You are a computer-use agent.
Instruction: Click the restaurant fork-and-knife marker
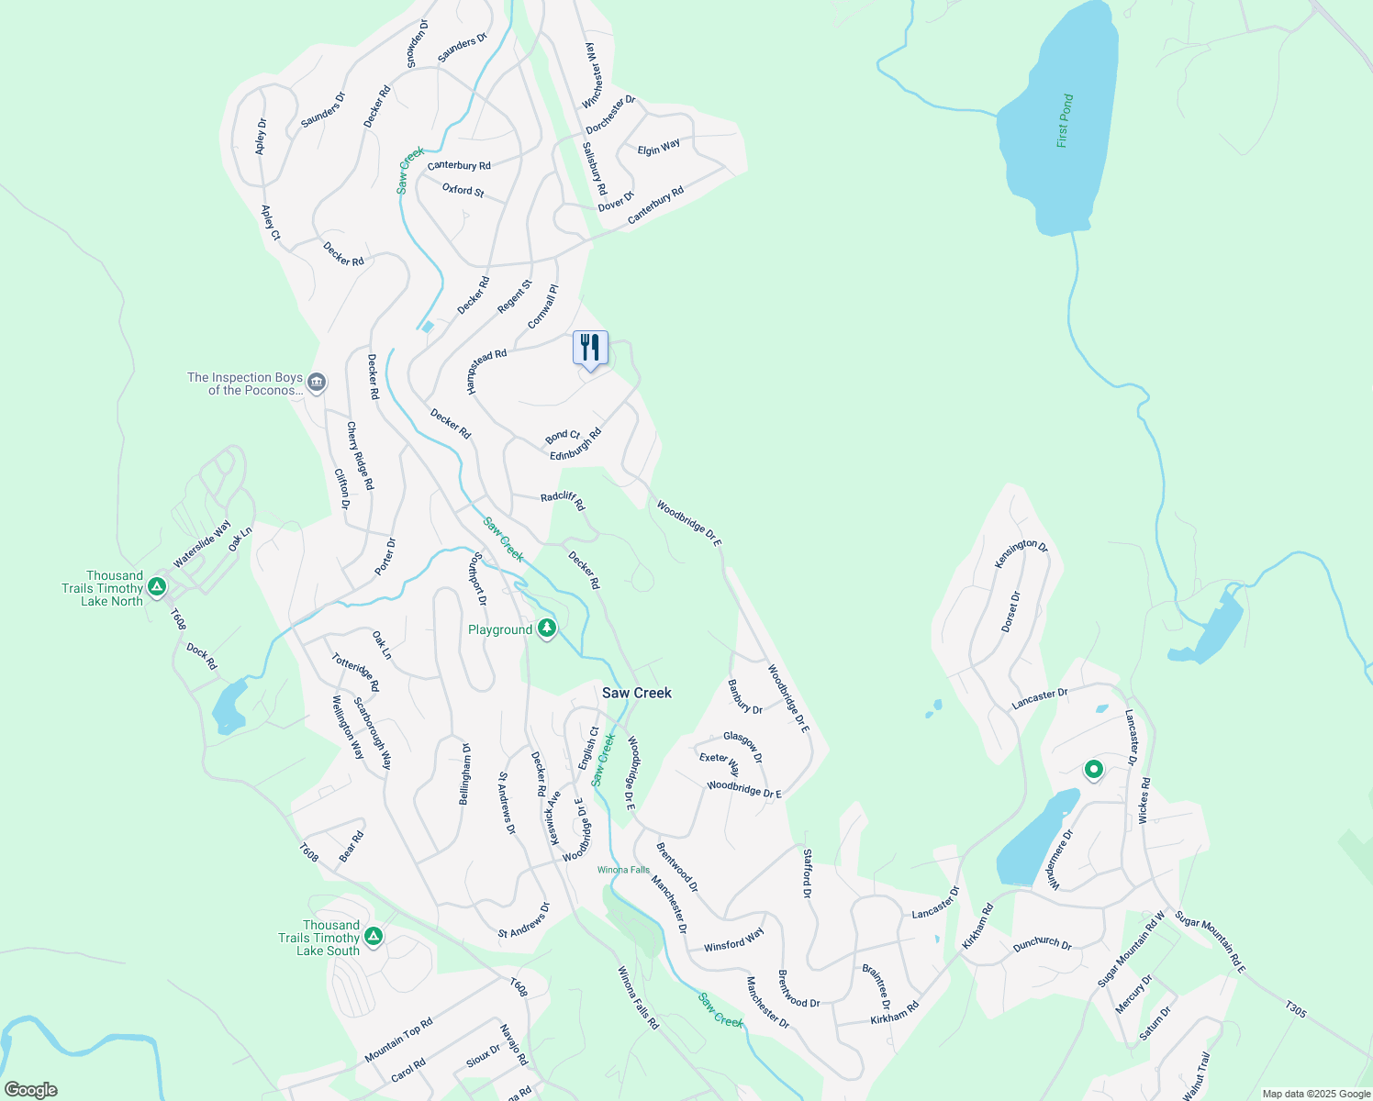(x=590, y=348)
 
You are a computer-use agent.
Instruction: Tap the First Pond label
(x=1065, y=120)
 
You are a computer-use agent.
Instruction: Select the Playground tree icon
(x=547, y=628)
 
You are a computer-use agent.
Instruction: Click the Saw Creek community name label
(x=637, y=693)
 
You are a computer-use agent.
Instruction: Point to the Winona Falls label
(x=623, y=870)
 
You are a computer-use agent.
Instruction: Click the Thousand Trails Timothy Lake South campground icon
(x=373, y=937)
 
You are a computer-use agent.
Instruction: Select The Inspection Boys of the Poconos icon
(x=317, y=382)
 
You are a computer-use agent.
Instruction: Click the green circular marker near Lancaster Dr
(x=1093, y=769)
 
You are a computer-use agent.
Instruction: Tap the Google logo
(x=30, y=1090)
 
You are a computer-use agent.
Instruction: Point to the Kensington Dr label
(x=1021, y=554)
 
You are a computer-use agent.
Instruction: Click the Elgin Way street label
(x=659, y=147)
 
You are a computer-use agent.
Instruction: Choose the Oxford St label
(x=463, y=190)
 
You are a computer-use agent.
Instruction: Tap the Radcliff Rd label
(x=562, y=499)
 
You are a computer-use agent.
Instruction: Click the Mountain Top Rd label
(x=398, y=1040)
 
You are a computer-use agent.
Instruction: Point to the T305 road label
(x=1295, y=1010)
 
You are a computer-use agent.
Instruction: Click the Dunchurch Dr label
(x=1042, y=944)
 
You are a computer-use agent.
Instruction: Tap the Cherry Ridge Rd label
(x=360, y=455)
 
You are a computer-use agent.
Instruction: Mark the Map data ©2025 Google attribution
(x=1316, y=1094)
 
